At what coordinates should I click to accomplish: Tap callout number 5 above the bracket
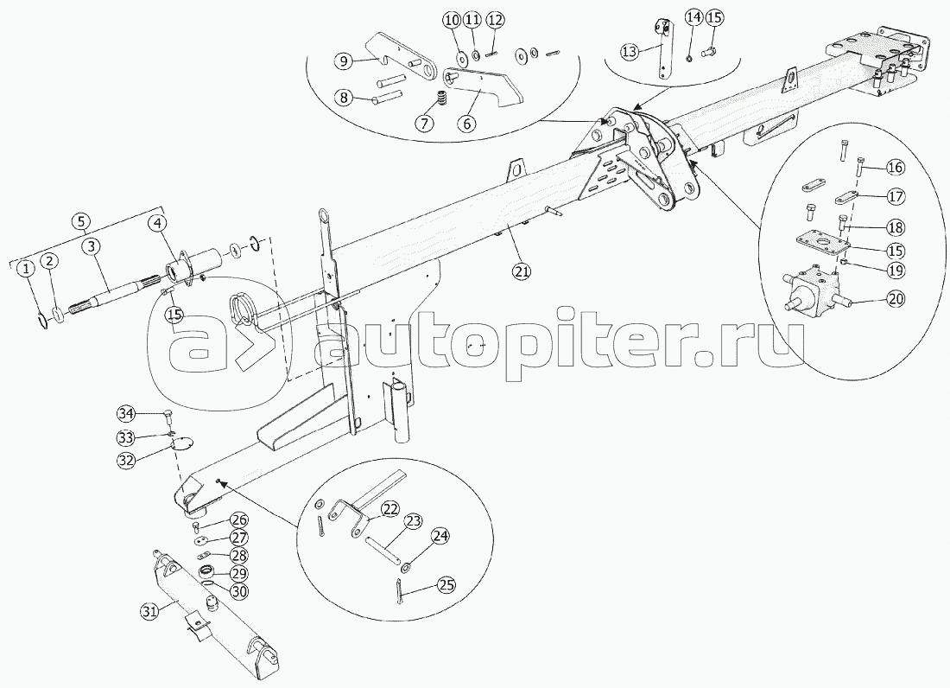click(x=81, y=220)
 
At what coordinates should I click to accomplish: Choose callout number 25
click(x=446, y=585)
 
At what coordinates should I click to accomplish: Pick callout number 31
click(x=150, y=611)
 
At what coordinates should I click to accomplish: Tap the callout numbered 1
click(x=28, y=269)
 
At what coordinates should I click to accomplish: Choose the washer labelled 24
click(x=406, y=567)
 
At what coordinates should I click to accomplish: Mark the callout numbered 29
click(x=237, y=573)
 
